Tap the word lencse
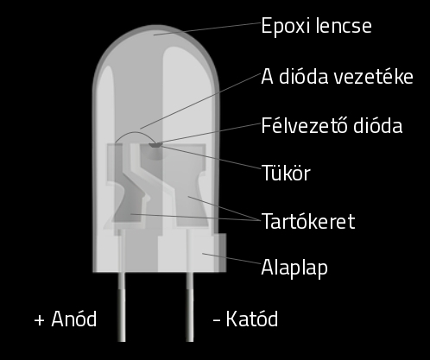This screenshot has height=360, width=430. click(x=344, y=25)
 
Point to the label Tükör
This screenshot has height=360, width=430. click(x=286, y=173)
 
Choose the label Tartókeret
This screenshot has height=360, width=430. click(x=308, y=221)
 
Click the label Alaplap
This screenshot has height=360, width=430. click(x=294, y=268)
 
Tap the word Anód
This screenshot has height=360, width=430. click(x=74, y=319)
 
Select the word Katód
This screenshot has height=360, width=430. click(x=252, y=319)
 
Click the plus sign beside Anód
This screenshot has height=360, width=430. click(x=39, y=320)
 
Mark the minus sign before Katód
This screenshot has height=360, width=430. click(x=217, y=320)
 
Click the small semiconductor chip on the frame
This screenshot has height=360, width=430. click(x=155, y=145)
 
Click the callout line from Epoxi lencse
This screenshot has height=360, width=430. click(x=207, y=29)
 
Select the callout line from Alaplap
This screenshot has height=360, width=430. click(x=231, y=258)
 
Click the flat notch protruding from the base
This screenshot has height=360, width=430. click(x=222, y=252)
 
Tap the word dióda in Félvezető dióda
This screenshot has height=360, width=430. click(x=377, y=125)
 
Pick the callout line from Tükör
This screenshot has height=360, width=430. click(x=211, y=157)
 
